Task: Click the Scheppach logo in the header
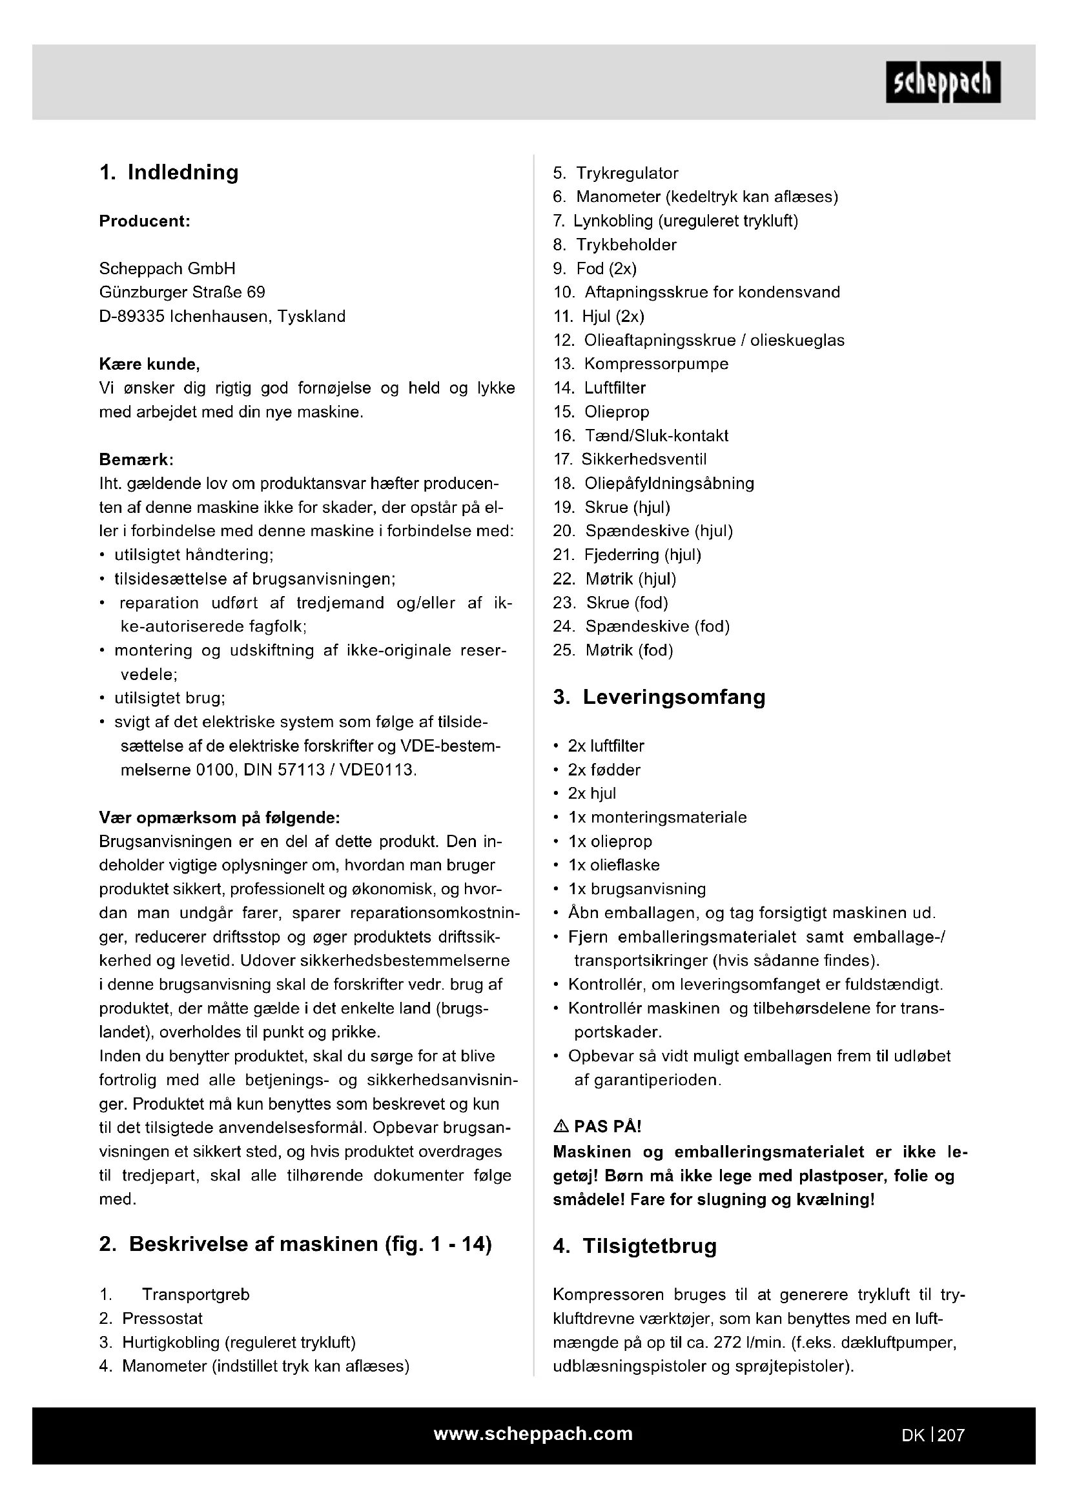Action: [x=943, y=82]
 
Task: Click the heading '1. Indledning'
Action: [x=169, y=172]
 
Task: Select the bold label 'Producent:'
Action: [x=145, y=221]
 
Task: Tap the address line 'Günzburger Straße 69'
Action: [x=182, y=292]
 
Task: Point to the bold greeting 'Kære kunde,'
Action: [x=149, y=364]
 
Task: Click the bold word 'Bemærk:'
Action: [x=136, y=459]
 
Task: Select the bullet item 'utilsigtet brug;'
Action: [x=170, y=698]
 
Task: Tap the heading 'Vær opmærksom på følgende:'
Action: [x=219, y=817]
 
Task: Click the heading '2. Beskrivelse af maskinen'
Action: [x=295, y=1244]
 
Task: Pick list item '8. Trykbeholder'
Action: [x=615, y=245]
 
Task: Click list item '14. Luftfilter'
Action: [x=600, y=388]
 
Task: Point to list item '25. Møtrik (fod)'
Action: [x=613, y=650]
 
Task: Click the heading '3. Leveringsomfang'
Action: [x=659, y=697]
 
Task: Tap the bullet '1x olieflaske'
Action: [x=613, y=865]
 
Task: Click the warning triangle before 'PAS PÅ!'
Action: [x=561, y=1126]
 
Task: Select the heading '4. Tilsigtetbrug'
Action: [x=635, y=1246]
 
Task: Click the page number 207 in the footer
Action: [x=951, y=1435]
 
